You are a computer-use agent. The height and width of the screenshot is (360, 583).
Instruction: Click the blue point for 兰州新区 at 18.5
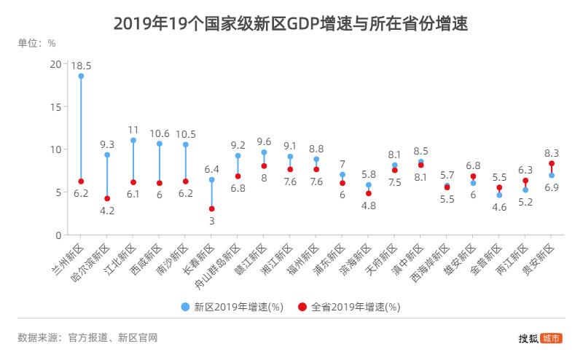pos(81,76)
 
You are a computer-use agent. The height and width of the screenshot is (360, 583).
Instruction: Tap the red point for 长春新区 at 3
pos(212,209)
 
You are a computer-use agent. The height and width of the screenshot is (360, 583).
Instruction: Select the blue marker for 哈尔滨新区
pos(107,154)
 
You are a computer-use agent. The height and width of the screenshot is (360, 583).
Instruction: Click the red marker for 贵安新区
pos(552,163)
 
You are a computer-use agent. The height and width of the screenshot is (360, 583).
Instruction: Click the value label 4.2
pos(107,211)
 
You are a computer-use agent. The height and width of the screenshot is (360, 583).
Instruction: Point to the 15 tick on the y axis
pos(55,106)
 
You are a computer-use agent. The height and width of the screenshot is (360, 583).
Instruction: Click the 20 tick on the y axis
pos(55,63)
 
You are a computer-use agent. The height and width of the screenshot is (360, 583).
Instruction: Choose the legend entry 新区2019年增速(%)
pos(232,308)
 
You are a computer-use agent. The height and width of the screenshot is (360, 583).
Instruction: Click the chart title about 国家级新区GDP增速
pos(291,23)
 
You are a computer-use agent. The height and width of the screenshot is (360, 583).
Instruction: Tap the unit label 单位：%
pos(36,42)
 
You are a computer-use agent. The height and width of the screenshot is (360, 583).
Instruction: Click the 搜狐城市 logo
pos(540,338)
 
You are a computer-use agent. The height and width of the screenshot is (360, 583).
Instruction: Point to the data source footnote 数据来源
pos(87,337)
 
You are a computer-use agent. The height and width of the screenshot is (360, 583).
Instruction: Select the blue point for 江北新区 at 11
pos(133,140)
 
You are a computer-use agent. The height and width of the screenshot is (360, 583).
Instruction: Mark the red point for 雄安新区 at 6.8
pos(473,176)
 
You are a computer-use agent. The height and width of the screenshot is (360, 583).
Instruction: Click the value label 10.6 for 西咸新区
pos(160,133)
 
